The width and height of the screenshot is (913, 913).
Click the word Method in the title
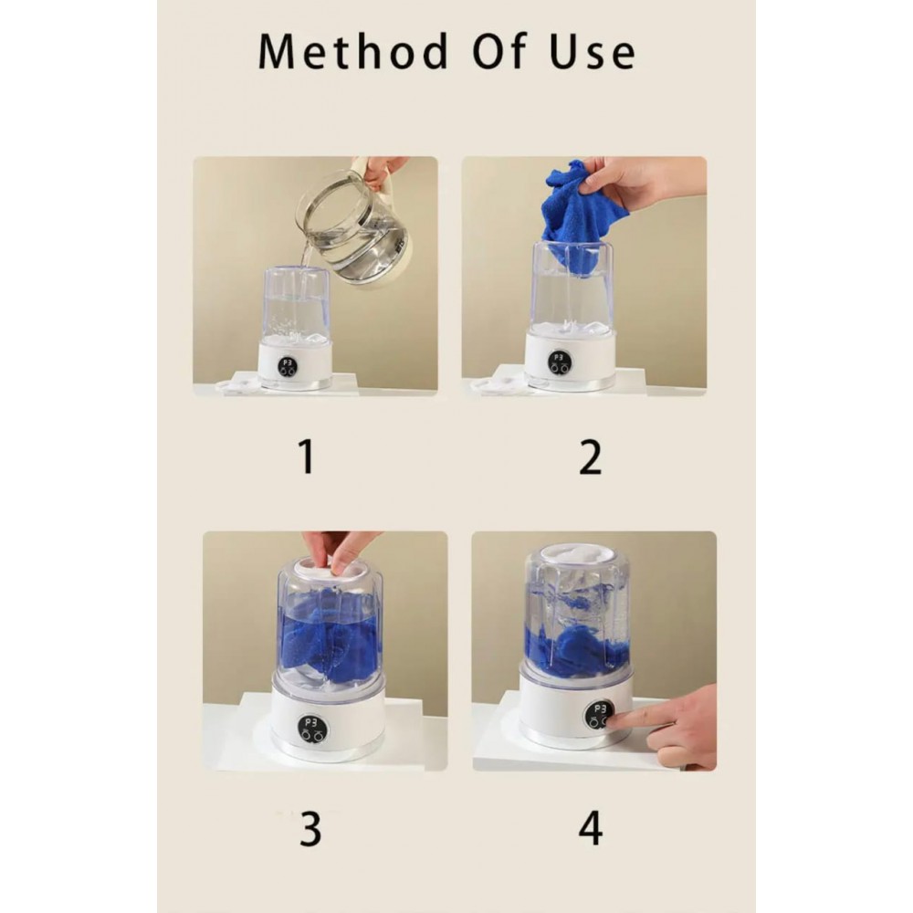tap(353, 51)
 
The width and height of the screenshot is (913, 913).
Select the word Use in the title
tap(593, 52)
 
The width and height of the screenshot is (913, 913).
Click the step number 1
tap(306, 456)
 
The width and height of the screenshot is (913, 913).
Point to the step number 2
tap(591, 457)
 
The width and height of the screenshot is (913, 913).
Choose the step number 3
tap(310, 828)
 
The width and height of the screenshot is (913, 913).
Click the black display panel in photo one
tap(287, 366)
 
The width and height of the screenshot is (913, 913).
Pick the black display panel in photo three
tap(312, 729)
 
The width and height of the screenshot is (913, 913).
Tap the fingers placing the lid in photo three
tap(341, 551)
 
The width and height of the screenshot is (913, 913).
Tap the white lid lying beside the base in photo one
tap(237, 385)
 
